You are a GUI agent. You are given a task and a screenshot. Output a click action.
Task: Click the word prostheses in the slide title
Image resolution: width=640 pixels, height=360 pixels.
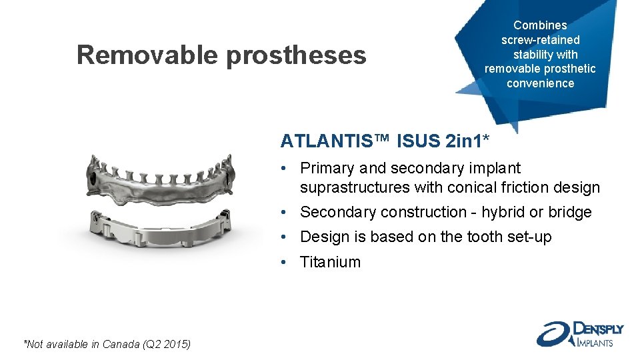pos(297,56)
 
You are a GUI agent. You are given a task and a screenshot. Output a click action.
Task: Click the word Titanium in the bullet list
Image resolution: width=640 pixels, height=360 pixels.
pos(330,262)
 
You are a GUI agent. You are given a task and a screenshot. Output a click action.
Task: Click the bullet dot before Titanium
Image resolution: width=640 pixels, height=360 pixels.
pos(284,262)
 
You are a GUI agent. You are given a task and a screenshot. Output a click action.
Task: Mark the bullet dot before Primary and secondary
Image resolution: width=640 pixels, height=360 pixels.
pos(284,169)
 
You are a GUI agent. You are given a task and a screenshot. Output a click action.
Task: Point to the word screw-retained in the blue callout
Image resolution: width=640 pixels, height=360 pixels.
pos(540,40)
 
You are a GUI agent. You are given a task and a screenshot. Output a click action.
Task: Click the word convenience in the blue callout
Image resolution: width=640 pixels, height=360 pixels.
pos(540,83)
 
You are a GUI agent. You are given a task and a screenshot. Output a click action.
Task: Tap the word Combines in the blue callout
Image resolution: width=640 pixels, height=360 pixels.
pos(540,25)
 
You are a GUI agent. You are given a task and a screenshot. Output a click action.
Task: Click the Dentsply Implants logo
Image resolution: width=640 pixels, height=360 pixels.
pos(579,333)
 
